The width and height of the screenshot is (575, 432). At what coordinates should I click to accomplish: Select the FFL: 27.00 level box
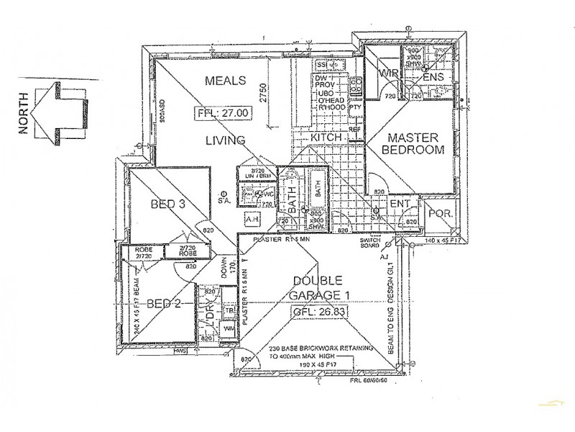[222, 113]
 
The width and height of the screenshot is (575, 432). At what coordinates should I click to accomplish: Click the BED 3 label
[168, 205]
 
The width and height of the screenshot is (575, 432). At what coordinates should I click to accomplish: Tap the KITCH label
[326, 136]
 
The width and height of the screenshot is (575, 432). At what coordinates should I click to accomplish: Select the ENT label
[399, 204]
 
